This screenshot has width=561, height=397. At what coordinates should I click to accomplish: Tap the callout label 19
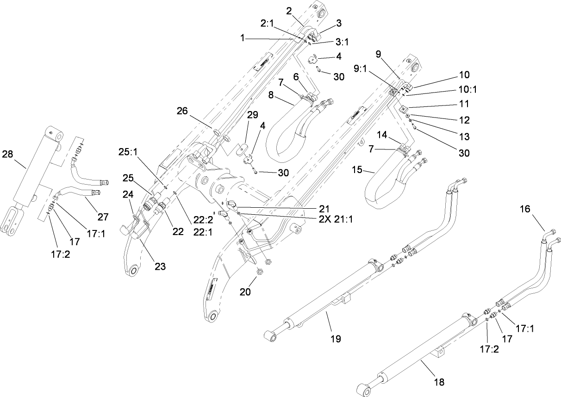click(336, 339)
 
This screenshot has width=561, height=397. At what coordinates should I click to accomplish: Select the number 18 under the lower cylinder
click(439, 382)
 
